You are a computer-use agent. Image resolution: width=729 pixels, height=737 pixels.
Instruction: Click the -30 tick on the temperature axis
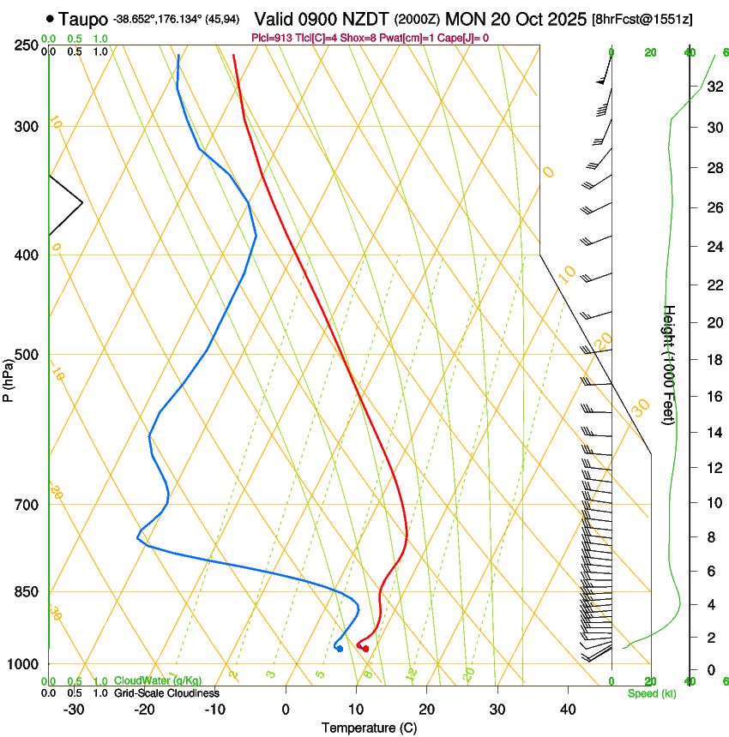point(74,710)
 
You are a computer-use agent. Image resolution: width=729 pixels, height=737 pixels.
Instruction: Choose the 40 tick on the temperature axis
point(568,710)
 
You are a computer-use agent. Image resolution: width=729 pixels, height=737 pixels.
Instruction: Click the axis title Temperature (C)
point(368,728)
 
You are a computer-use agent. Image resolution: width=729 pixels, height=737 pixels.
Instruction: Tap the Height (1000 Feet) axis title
point(670,365)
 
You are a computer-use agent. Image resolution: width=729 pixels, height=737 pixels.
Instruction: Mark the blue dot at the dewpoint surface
point(340,649)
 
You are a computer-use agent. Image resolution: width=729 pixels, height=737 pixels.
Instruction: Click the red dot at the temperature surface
point(365,649)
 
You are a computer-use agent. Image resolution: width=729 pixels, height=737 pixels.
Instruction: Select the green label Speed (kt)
point(651,693)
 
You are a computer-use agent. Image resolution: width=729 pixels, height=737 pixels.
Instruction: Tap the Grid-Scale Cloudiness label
point(166,692)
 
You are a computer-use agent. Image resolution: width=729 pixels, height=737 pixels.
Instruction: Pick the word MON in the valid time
point(466,18)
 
